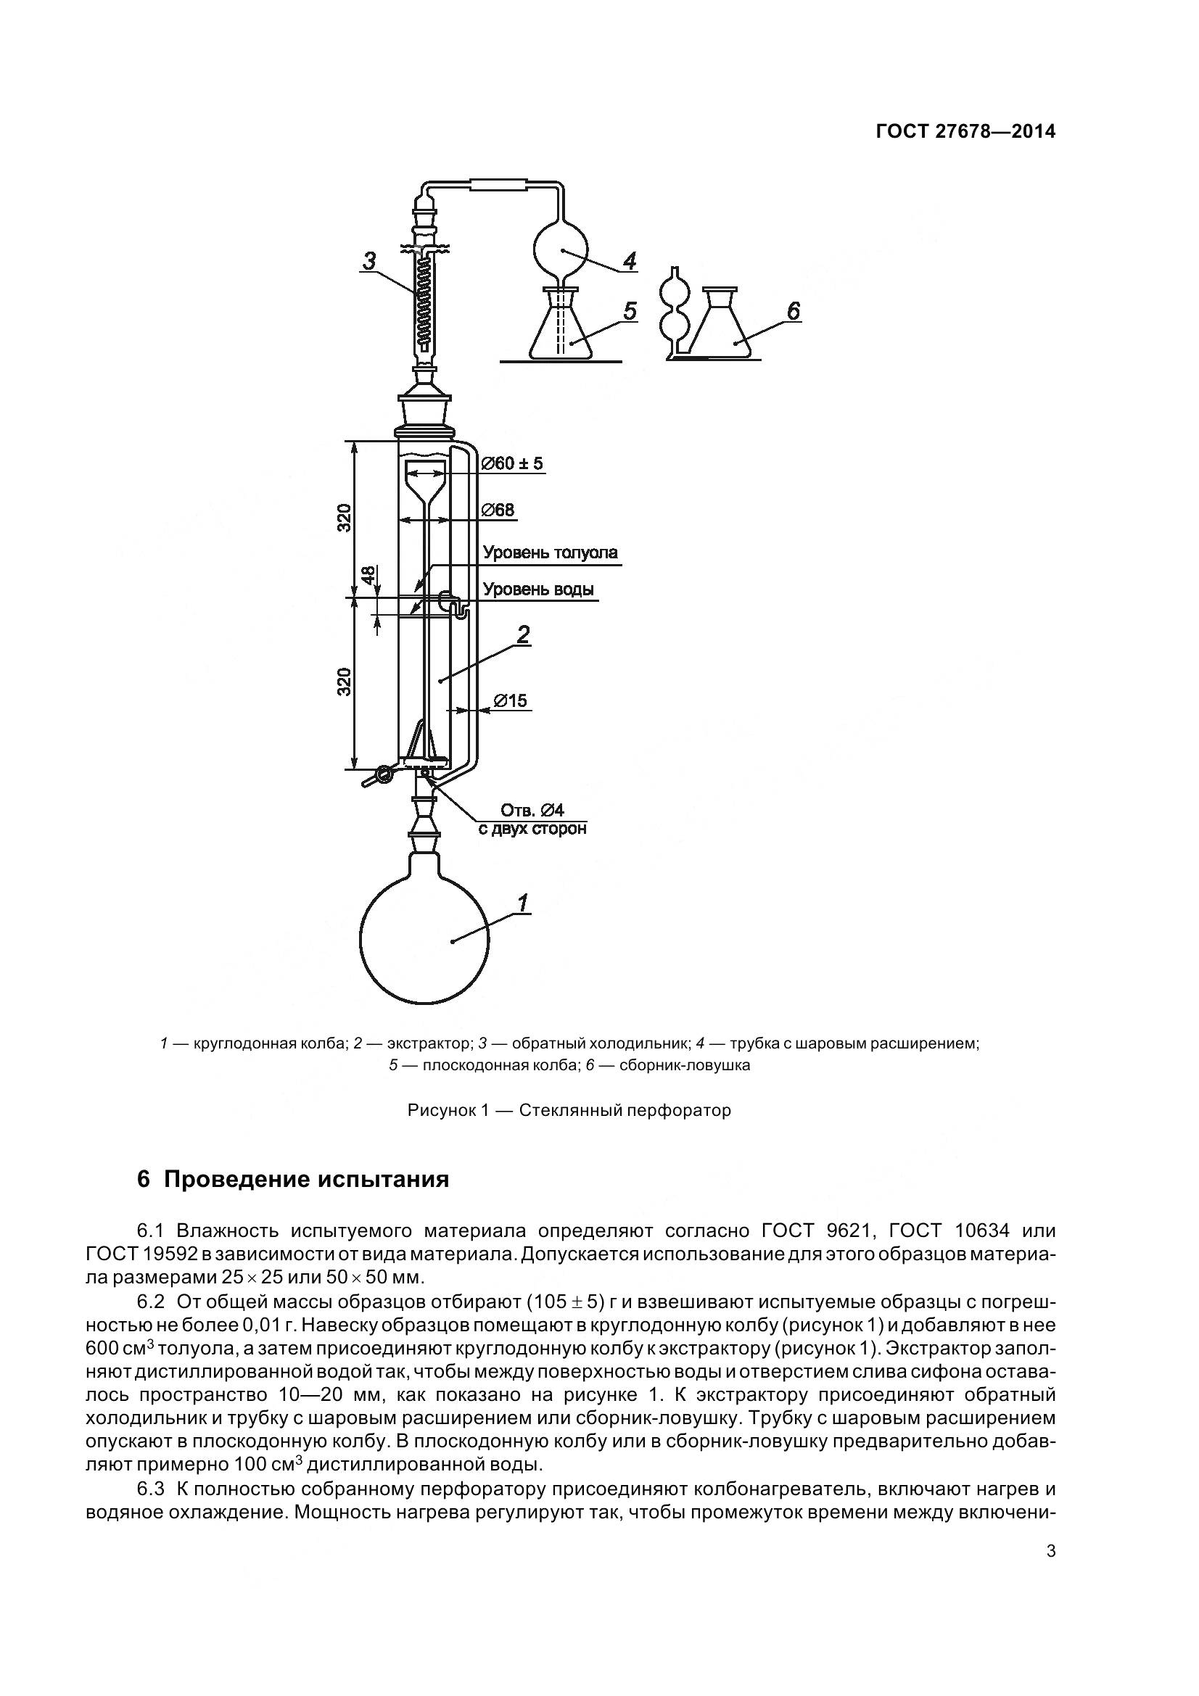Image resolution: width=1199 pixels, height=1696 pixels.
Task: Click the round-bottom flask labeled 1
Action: pyautogui.click(x=424, y=940)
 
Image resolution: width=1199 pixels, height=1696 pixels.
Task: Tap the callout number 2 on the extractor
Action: pyautogui.click(x=523, y=634)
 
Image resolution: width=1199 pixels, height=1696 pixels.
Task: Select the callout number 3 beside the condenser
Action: pyautogui.click(x=369, y=261)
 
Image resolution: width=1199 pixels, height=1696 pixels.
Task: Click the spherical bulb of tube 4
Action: pyautogui.click(x=561, y=250)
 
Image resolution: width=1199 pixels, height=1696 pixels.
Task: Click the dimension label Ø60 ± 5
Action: pyautogui.click(x=512, y=463)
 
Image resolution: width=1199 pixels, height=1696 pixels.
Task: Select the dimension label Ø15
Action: pyautogui.click(x=511, y=700)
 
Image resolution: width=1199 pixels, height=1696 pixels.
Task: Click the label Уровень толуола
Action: pyautogui.click(x=551, y=553)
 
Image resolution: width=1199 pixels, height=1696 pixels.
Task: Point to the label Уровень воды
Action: pyautogui.click(x=537, y=590)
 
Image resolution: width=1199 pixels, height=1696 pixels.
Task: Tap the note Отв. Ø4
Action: pyautogui.click(x=532, y=811)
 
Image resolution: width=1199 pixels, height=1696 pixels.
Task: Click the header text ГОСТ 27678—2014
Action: pyautogui.click(x=965, y=131)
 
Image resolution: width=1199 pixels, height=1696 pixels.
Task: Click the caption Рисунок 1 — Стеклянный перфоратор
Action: pyautogui.click(x=569, y=1110)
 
